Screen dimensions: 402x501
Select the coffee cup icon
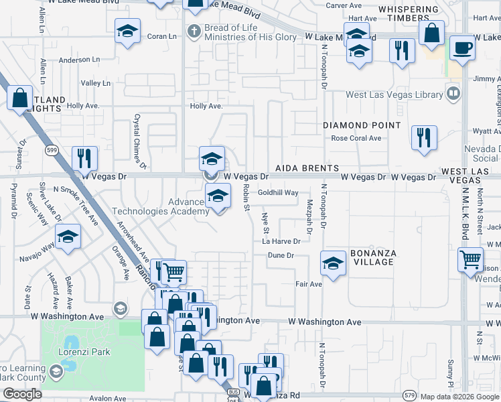click(461, 48)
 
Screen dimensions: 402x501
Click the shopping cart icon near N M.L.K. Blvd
click(471, 259)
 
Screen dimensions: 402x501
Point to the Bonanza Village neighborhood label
click(373, 257)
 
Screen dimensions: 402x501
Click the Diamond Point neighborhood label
click(362, 125)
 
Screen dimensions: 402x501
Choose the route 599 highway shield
click(51, 151)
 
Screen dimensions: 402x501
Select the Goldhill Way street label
click(278, 192)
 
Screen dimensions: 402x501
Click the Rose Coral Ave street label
click(356, 139)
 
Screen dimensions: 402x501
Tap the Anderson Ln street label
click(79, 60)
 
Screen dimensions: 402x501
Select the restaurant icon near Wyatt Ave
click(424, 137)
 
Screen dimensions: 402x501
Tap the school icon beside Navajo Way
click(68, 238)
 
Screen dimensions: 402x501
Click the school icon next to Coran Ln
click(127, 31)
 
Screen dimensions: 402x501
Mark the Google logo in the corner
click(22, 395)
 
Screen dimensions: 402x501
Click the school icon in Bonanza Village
click(333, 263)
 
